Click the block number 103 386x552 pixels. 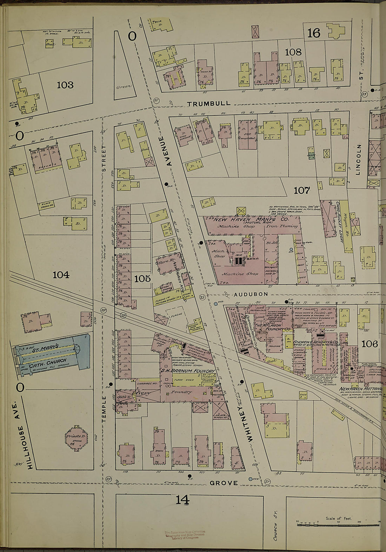65,85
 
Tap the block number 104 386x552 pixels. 61,275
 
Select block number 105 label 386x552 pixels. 142,279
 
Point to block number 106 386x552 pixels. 370,344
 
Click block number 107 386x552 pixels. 302,191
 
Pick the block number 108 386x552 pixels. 293,52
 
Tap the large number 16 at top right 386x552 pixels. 313,33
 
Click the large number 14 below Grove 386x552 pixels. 182,499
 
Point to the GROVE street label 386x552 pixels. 224,483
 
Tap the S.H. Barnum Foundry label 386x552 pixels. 188,371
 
